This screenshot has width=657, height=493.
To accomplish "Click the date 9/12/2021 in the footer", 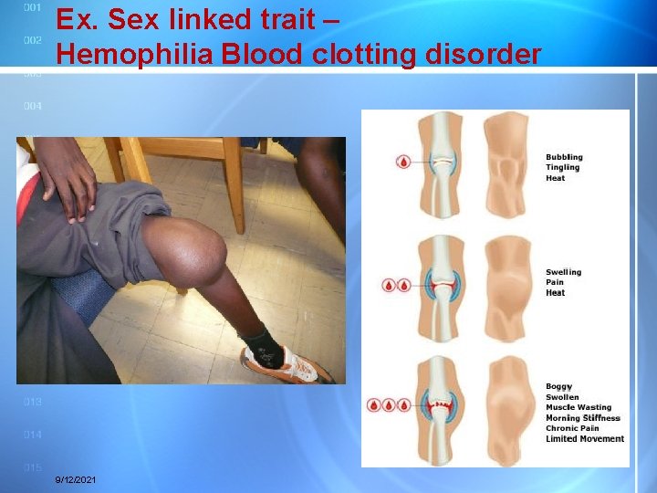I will [x=76, y=480].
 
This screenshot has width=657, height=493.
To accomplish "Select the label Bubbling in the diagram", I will [x=564, y=157].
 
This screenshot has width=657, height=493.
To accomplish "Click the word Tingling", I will [x=563, y=168].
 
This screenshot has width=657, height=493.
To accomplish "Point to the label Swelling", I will [x=563, y=272].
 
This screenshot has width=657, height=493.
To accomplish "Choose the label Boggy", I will [x=558, y=386].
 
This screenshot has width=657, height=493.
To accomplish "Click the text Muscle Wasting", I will [x=579, y=407].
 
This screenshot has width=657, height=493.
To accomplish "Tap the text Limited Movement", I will [x=585, y=439].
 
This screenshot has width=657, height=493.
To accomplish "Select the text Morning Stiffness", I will [x=582, y=418].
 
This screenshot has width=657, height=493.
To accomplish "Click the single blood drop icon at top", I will [x=402, y=162].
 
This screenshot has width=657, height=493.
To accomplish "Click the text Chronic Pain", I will [x=572, y=428].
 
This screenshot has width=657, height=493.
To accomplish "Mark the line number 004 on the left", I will [x=33, y=107].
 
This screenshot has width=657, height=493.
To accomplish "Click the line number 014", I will [x=33, y=435].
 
